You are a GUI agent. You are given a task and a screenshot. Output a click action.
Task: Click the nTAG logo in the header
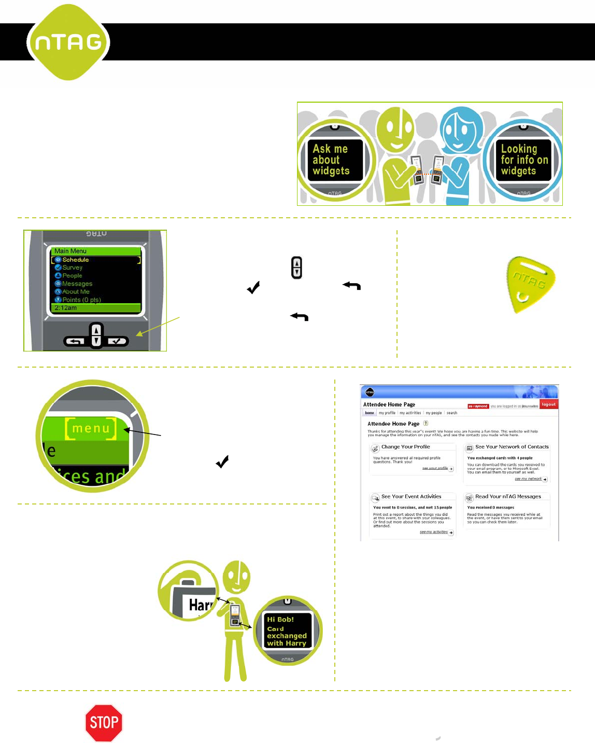(x=68, y=42)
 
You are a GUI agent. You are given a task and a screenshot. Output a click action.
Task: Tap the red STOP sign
(x=104, y=722)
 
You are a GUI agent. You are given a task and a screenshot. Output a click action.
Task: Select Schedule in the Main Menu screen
(x=76, y=260)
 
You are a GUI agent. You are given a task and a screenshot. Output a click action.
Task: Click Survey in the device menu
(x=72, y=268)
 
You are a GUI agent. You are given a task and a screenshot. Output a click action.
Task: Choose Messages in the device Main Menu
(x=77, y=284)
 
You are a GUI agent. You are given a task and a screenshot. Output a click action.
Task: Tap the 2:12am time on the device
(x=66, y=308)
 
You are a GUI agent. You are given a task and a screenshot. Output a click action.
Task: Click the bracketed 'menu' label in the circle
(x=91, y=428)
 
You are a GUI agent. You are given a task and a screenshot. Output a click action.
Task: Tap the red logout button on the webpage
(x=548, y=404)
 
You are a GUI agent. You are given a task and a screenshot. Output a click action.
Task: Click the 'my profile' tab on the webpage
(x=387, y=413)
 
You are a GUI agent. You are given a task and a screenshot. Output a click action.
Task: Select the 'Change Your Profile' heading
(x=405, y=447)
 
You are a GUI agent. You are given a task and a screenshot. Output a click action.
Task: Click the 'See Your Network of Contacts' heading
(x=512, y=447)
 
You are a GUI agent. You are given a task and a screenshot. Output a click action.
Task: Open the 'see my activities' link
(x=434, y=532)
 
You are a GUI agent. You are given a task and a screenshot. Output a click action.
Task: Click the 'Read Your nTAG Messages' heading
(x=508, y=497)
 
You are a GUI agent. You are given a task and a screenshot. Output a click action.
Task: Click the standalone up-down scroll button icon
(x=296, y=268)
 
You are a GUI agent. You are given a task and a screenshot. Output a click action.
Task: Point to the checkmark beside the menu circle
(x=222, y=461)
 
